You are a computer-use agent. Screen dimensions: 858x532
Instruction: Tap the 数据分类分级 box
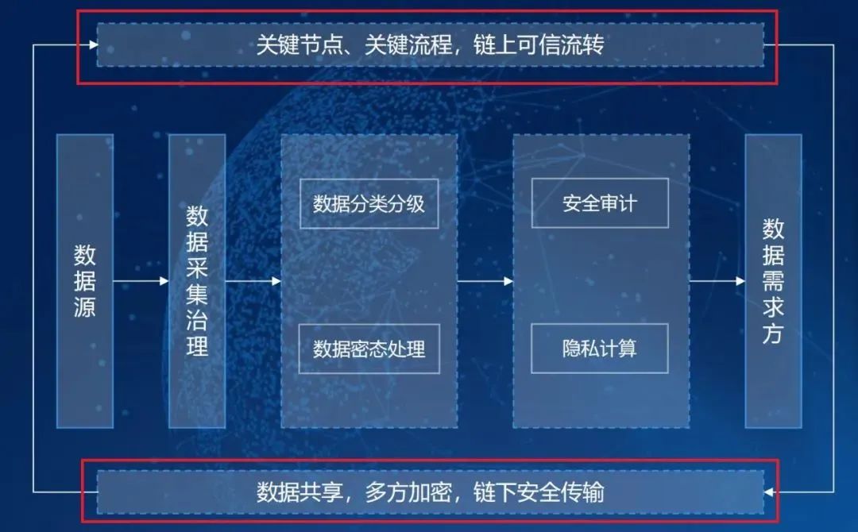click(369, 204)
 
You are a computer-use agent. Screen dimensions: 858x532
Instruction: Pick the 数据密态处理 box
click(369, 349)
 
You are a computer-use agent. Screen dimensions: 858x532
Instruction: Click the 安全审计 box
click(600, 204)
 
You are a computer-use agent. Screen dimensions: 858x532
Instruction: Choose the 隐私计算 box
click(600, 349)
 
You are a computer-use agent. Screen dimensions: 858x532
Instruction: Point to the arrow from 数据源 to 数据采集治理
click(141, 281)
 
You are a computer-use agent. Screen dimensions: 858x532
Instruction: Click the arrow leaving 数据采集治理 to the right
click(253, 281)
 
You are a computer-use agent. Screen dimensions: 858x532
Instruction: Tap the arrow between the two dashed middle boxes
click(485, 281)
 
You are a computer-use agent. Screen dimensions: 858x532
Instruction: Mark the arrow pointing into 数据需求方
click(717, 281)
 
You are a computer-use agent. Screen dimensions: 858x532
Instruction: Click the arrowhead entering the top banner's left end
click(91, 45)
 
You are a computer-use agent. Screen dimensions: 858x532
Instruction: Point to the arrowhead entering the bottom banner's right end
click(769, 492)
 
